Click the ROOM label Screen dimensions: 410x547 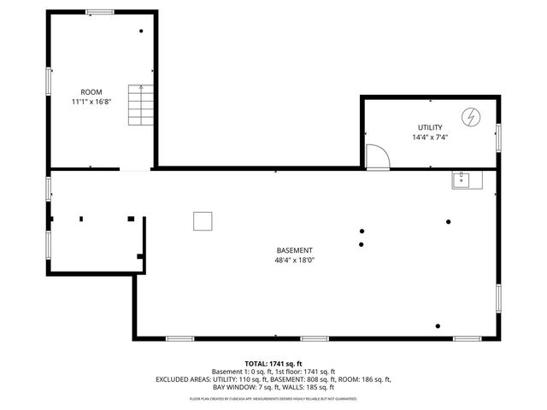pos(91,92)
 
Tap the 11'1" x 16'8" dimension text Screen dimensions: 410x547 pos(91,102)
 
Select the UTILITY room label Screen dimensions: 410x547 pos(430,127)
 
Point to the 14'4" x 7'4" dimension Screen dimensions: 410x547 pos(430,137)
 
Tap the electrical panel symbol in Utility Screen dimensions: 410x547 pos(471,116)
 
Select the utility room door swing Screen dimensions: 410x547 pos(376,155)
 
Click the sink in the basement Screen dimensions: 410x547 pos(467,179)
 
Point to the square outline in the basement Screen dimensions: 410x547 pos(203,221)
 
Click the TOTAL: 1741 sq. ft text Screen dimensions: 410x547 pos(273,363)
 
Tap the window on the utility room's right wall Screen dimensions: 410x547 pos(498,137)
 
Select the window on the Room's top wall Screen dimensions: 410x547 pos(100,11)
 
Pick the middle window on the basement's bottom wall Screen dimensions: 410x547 pos(315,338)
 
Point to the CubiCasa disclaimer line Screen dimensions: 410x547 pos(273,399)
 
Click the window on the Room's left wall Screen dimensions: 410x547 pos(48,79)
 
